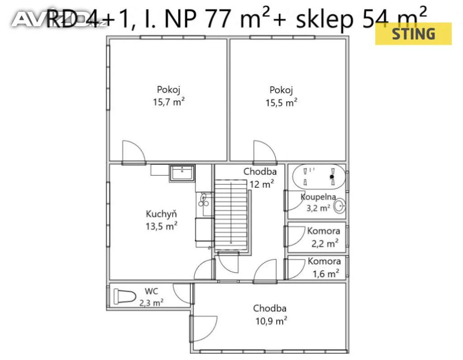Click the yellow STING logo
(x=413, y=33)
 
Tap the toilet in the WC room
(x=125, y=297)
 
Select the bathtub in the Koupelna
(x=319, y=176)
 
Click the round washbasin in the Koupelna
(x=340, y=206)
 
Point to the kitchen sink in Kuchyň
(x=182, y=173)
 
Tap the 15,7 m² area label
(x=169, y=102)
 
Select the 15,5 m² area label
(x=281, y=103)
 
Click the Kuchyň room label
(x=161, y=214)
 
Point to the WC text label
(x=151, y=291)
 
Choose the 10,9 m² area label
(x=271, y=321)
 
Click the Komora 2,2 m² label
(x=324, y=237)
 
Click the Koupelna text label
(x=318, y=197)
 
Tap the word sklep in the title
(x=325, y=19)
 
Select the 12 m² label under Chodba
(x=262, y=184)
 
